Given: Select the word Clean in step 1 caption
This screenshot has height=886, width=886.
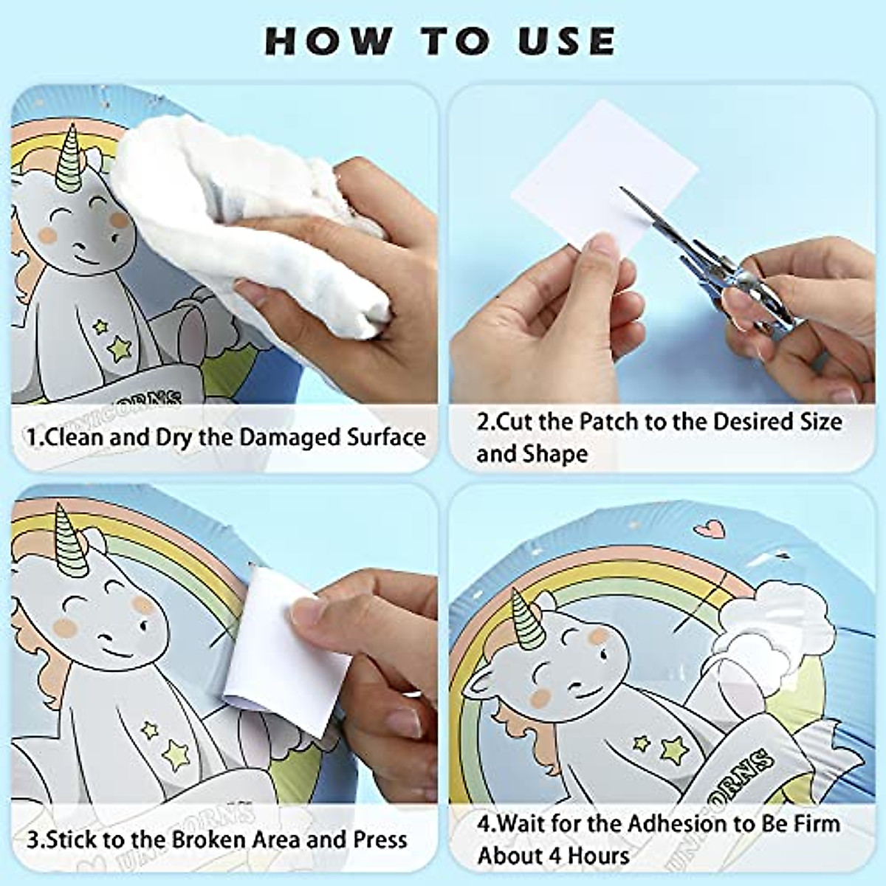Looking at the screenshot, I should point(75,437).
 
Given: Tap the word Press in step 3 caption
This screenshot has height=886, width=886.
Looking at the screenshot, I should point(379,839).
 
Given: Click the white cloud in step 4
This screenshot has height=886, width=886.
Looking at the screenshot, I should point(768,620).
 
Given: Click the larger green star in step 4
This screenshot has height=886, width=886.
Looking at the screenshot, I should point(674,749).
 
